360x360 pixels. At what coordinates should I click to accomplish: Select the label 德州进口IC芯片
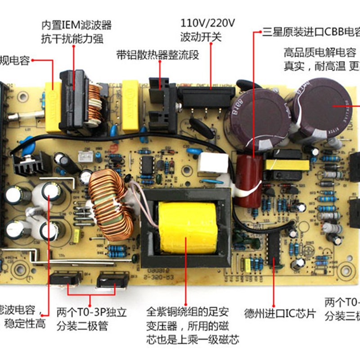pos(280,313)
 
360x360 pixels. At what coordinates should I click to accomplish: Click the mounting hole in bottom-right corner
pos(346,272)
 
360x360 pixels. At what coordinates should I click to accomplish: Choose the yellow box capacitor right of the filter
pos(131,104)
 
